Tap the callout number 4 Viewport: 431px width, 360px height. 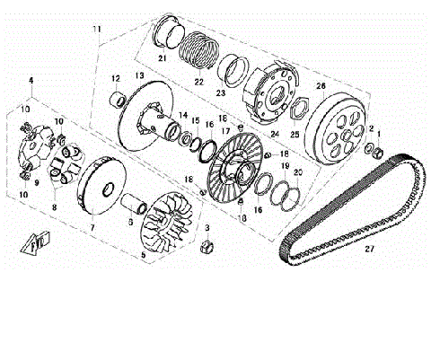tap(31, 81)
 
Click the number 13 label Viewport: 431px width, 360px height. tap(139, 75)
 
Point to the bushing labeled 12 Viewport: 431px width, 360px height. tap(117, 98)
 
